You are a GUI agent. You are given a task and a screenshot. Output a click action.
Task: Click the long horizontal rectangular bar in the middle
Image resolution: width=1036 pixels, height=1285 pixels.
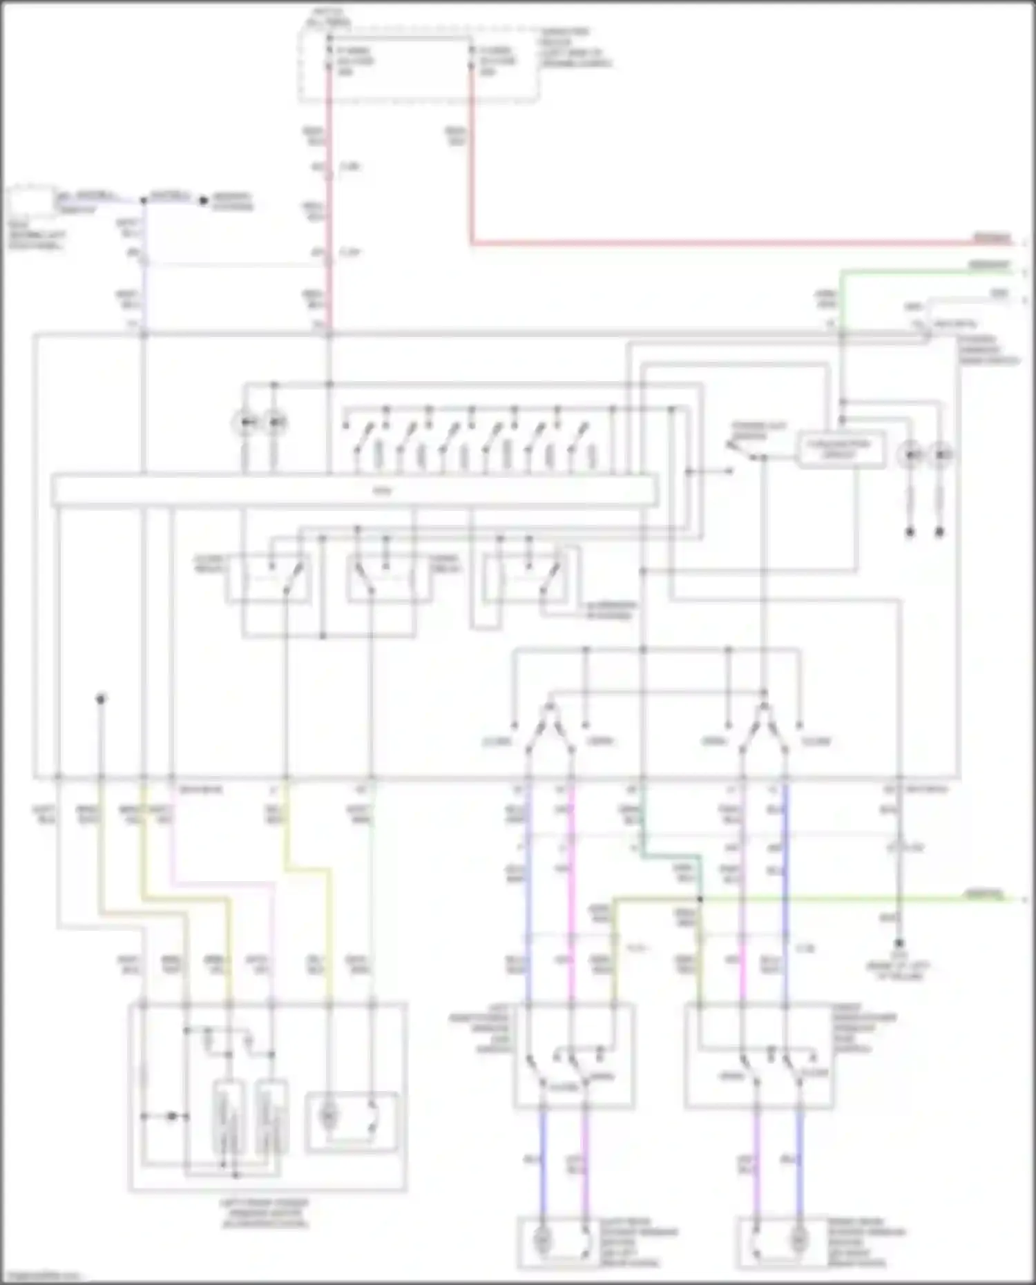[354, 491]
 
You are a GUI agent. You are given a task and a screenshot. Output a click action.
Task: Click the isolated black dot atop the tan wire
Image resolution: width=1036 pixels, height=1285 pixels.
[101, 699]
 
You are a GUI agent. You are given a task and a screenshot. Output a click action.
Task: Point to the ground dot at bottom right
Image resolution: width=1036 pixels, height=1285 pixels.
[899, 943]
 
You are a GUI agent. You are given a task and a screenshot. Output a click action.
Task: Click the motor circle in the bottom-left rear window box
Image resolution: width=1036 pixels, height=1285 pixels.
[543, 1241]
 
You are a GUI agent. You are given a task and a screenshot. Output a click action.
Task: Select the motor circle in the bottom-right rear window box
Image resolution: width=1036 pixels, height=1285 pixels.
[799, 1241]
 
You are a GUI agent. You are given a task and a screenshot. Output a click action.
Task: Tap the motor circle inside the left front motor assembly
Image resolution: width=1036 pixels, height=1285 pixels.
[329, 1115]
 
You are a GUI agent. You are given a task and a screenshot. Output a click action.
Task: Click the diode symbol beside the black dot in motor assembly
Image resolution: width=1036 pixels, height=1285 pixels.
[172, 1116]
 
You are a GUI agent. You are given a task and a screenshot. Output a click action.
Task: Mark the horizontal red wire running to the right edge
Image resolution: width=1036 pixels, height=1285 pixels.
[725, 243]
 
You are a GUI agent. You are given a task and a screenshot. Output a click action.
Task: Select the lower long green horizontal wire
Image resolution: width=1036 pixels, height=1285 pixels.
[829, 899]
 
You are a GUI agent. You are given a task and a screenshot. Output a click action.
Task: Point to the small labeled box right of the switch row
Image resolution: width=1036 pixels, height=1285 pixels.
[841, 450]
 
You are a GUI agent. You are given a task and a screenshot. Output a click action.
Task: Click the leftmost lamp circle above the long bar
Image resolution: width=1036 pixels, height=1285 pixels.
[246, 422]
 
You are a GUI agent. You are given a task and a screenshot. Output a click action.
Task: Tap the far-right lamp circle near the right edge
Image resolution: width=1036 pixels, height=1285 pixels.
[941, 455]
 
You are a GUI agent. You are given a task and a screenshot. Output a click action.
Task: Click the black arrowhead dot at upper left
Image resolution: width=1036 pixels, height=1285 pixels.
[203, 201]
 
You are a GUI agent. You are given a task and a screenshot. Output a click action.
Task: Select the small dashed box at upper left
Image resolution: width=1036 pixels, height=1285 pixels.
[31, 203]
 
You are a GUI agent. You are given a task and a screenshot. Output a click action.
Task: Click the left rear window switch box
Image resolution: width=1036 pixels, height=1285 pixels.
[573, 1056]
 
